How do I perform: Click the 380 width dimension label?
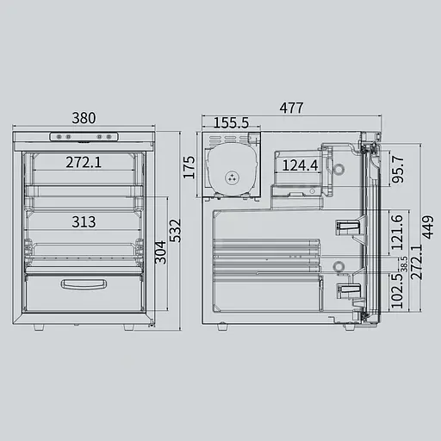click(x=84, y=118)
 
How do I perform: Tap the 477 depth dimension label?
click(x=291, y=108)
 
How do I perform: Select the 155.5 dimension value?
click(x=231, y=123)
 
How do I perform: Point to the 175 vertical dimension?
click(x=189, y=167)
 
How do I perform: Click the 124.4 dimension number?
click(x=300, y=165)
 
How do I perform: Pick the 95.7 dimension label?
click(x=398, y=170)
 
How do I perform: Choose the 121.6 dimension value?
click(x=397, y=232)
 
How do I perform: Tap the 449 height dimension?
click(x=427, y=227)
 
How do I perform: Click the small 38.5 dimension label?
click(x=404, y=264)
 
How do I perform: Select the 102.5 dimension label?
click(x=397, y=291)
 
